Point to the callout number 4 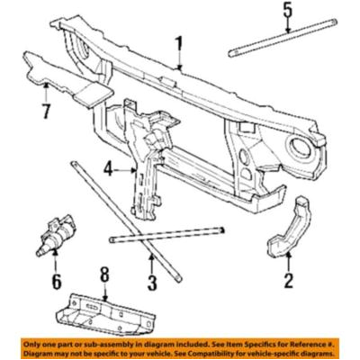tap(108, 166)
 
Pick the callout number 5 tap(287, 11)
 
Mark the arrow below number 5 tap(287, 26)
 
